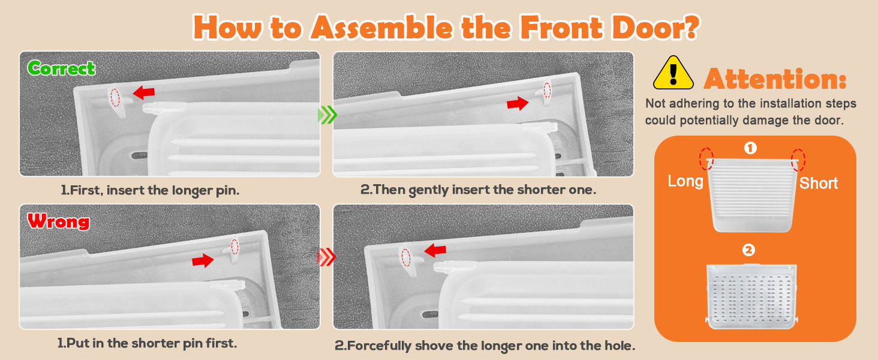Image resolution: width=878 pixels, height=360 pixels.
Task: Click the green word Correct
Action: click(x=61, y=68)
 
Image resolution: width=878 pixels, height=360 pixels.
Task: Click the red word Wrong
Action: click(x=58, y=221)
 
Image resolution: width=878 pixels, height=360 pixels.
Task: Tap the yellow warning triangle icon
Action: click(x=673, y=73)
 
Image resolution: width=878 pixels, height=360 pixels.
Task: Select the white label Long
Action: click(x=685, y=181)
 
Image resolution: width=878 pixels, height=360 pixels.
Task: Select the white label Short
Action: click(x=819, y=183)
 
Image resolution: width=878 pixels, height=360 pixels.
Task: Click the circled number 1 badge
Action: click(x=750, y=148)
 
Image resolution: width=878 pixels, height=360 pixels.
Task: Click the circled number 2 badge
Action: click(x=748, y=250)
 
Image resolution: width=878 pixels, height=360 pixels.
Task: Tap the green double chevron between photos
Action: click(x=327, y=115)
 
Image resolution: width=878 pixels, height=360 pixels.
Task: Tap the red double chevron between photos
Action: click(x=326, y=257)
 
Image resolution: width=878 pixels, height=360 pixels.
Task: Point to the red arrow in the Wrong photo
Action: click(x=203, y=260)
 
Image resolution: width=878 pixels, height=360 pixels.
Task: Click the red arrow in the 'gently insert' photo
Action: click(x=518, y=104)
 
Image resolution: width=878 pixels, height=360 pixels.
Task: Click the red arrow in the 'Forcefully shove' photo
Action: click(x=435, y=250)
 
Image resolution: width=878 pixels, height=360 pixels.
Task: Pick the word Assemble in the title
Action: click(x=381, y=28)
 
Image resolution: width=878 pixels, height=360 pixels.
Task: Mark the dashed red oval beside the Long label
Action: click(x=706, y=159)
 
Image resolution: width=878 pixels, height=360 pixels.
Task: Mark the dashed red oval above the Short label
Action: click(x=798, y=160)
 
